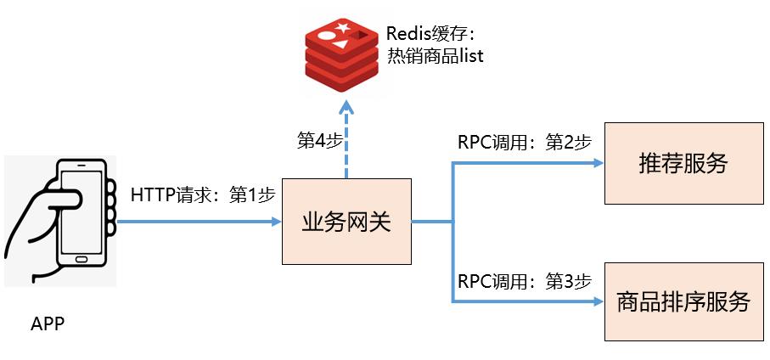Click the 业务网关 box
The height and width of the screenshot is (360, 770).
coord(346,222)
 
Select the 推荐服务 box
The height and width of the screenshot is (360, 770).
coord(683,164)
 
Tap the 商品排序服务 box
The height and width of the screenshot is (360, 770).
coord(683,301)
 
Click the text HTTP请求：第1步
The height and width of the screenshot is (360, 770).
coord(203,194)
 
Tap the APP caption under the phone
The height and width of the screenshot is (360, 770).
coord(48,324)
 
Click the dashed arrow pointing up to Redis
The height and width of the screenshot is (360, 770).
coord(346,140)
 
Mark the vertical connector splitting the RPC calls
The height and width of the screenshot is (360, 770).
coord(453,233)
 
